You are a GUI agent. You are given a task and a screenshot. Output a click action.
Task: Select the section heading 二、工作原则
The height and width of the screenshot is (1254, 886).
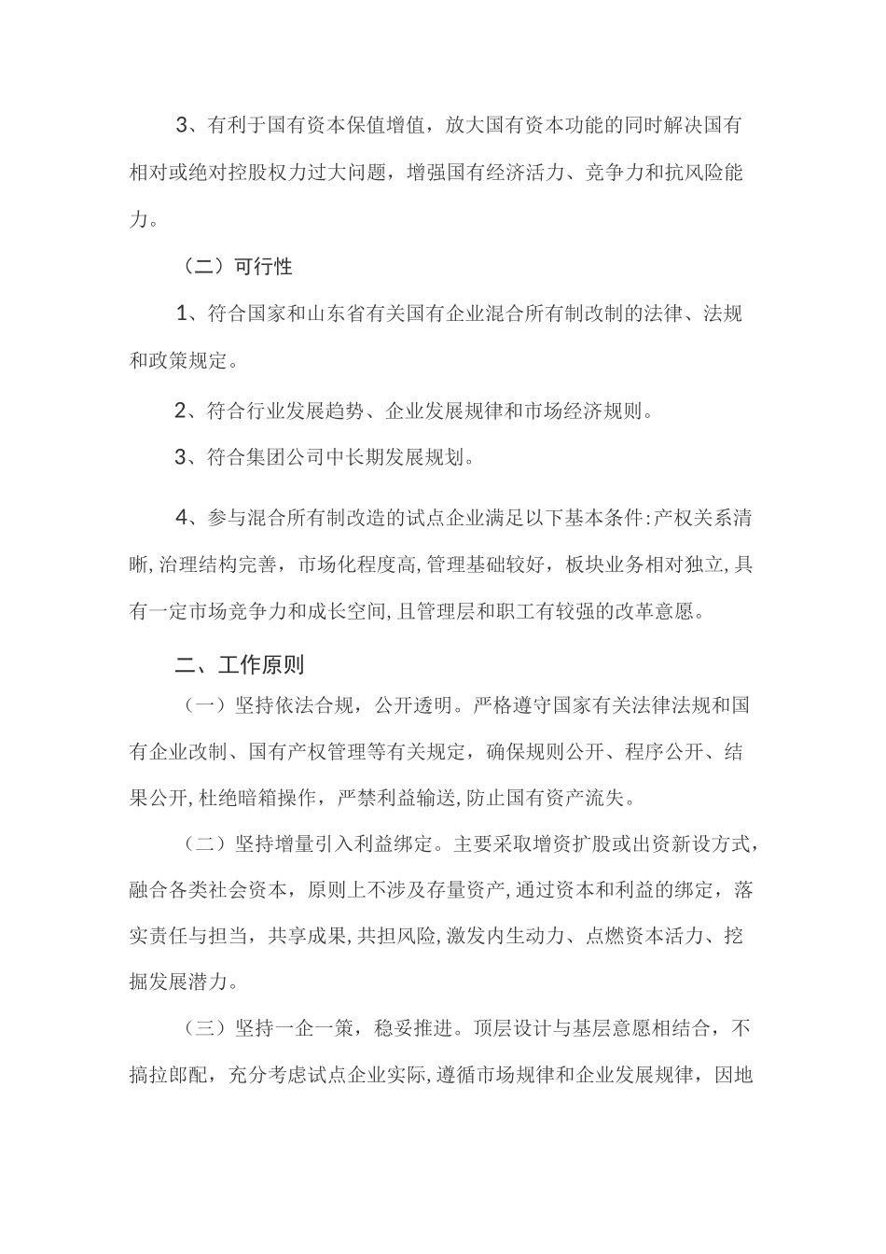coord(240,665)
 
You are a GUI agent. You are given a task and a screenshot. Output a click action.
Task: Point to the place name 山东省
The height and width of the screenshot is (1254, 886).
coord(335,314)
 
